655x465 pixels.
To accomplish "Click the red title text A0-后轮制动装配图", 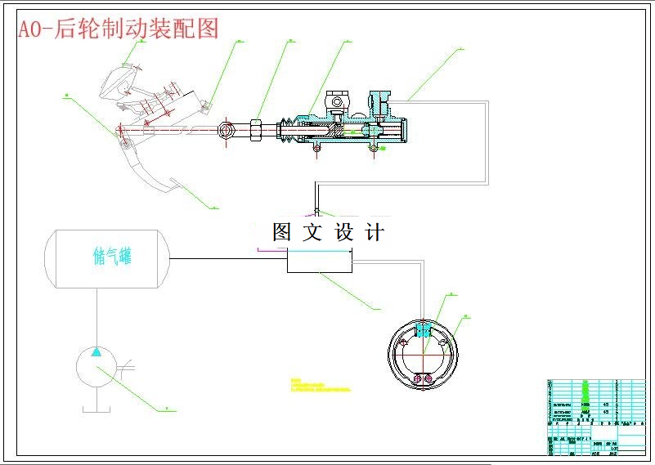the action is point(119,29).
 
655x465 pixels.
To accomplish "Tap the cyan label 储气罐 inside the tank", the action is point(113,257).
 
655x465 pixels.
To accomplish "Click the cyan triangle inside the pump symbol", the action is point(96,352).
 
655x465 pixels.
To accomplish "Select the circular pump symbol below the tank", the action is point(96,369).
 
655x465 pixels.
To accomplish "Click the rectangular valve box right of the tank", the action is point(319,261).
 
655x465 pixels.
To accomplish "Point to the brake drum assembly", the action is point(423,352).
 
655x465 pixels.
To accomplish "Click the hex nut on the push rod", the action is point(255,129).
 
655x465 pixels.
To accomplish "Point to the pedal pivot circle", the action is point(125,144).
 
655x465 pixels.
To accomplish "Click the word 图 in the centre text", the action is point(282,232).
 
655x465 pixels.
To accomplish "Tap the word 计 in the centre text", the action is point(375,232).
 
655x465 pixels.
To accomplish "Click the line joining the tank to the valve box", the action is point(228,259).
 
